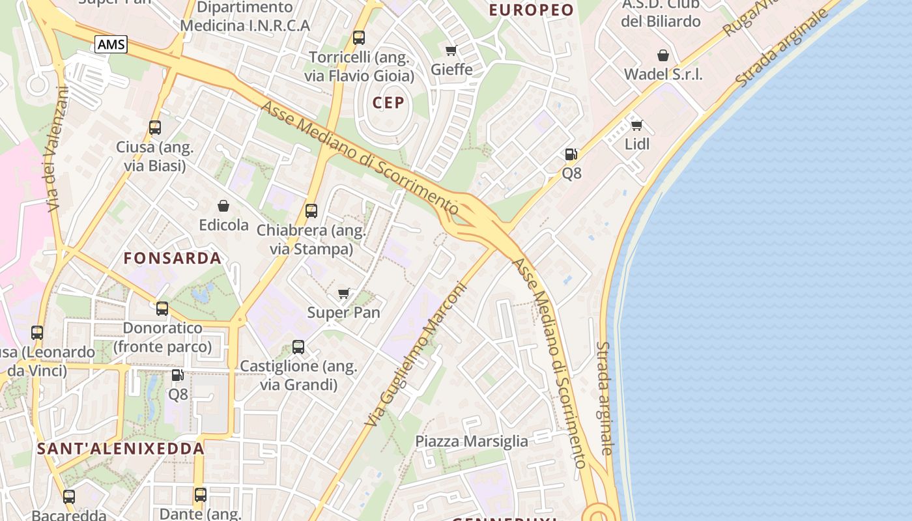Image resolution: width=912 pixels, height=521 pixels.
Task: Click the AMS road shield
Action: [111, 44]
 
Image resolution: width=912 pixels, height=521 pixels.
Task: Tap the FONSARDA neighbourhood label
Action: [173, 258]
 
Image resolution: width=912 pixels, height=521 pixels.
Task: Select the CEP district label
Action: [388, 102]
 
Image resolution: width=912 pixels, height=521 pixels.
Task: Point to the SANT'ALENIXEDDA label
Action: [121, 449]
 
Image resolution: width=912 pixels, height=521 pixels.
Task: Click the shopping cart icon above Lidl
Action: [636, 125]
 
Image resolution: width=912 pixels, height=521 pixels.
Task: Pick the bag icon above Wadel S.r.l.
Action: [663, 55]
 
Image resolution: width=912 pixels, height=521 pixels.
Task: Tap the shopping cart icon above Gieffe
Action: [451, 50]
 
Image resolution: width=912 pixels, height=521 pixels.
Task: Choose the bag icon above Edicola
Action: [223, 206]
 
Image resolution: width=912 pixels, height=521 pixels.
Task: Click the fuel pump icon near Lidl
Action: [571, 154]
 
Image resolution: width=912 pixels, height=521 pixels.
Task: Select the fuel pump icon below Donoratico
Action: [177, 375]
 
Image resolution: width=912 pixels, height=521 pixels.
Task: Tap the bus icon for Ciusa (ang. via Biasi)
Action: [155, 128]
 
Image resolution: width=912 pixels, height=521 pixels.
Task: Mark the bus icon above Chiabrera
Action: [311, 211]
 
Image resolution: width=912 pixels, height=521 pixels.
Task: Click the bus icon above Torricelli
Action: [359, 38]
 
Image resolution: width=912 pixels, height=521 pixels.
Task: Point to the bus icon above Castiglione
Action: [298, 347]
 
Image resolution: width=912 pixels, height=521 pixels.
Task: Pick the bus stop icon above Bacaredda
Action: [69, 497]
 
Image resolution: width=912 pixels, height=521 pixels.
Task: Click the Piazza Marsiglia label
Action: [472, 441]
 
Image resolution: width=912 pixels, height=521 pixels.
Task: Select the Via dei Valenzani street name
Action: [57, 150]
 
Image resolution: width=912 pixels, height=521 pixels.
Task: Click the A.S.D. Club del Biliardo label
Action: [661, 12]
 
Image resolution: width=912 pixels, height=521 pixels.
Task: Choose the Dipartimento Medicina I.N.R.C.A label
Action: [245, 17]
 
